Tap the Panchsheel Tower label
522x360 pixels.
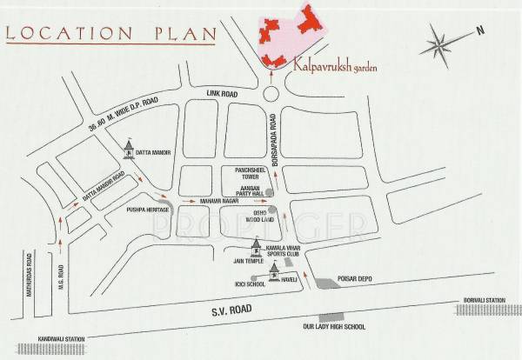(x=247, y=173)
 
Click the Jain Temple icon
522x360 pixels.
(x=256, y=244)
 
